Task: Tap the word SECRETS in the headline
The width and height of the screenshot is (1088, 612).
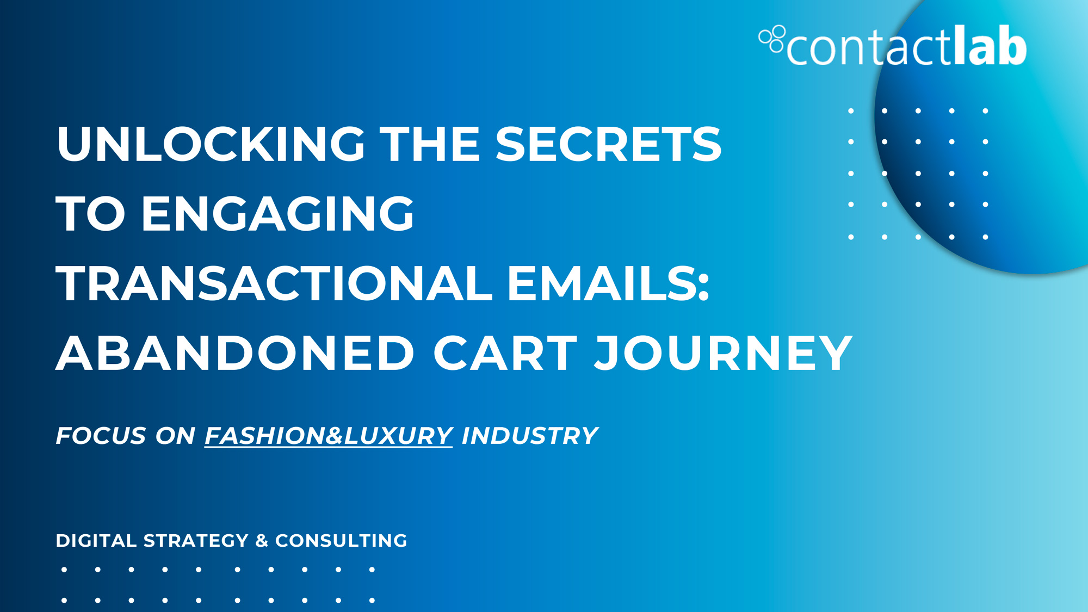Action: pyautogui.click(x=608, y=144)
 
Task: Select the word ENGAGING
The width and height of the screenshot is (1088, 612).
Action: pyautogui.click(x=277, y=214)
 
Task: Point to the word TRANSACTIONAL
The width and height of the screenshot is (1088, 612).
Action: pyautogui.click(x=274, y=283)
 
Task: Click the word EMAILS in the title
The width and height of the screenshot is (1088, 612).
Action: pyautogui.click(x=602, y=283)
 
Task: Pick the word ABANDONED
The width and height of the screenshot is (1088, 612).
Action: pyautogui.click(x=236, y=353)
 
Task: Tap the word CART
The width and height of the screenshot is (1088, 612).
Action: pyautogui.click(x=505, y=353)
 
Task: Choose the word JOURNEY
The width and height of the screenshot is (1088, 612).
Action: pyautogui.click(x=724, y=353)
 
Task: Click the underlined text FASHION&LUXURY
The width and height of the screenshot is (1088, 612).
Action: pyautogui.click(x=329, y=436)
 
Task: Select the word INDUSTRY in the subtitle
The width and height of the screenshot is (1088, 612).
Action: pyautogui.click(x=530, y=436)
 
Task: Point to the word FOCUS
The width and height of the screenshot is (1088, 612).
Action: pyautogui.click(x=101, y=436)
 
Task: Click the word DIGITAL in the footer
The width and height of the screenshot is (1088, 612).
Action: pyautogui.click(x=96, y=541)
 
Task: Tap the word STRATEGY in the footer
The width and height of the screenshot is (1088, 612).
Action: pyautogui.click(x=196, y=541)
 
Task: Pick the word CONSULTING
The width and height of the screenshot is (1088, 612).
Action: pyautogui.click(x=341, y=541)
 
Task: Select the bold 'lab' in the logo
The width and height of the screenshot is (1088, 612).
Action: pyautogui.click(x=990, y=45)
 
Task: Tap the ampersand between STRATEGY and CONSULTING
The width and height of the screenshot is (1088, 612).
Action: pyautogui.click(x=262, y=541)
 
